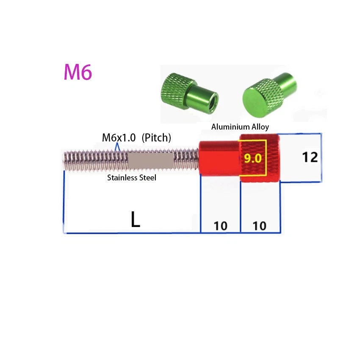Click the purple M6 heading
[78, 72]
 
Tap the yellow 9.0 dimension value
[252, 158]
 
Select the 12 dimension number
[310, 157]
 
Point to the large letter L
[135, 219]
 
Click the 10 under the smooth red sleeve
[221, 226]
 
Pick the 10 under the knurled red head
[260, 226]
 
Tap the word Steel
[147, 177]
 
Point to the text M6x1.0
[119, 138]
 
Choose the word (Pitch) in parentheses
[156, 138]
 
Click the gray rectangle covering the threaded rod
[150, 161]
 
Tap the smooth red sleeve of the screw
[219, 158]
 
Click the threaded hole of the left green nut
[214, 100]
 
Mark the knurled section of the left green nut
[176, 89]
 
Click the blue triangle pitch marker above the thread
[117, 147]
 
